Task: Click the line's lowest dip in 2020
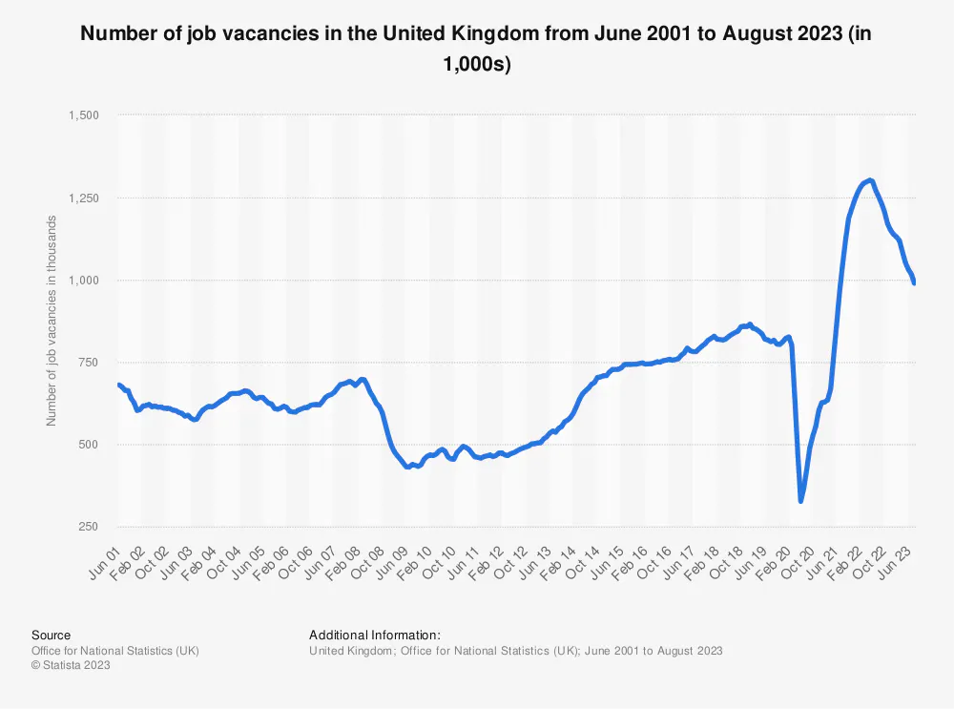point(801,500)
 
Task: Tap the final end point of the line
point(915,282)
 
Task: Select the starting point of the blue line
point(118,385)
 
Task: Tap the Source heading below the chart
point(51,635)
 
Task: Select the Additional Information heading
point(374,635)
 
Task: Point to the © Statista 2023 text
point(71,666)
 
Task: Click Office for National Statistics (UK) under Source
point(115,651)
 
